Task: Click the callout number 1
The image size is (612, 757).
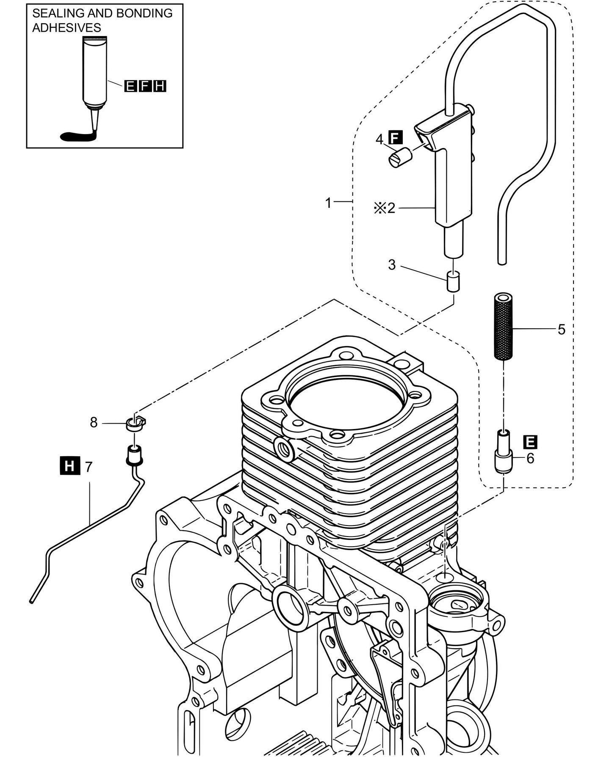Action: click(328, 203)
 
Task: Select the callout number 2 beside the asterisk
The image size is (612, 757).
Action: click(390, 208)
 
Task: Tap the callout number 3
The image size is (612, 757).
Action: click(392, 265)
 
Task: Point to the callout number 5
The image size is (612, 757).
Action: click(561, 329)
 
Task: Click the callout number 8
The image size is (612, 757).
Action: click(94, 422)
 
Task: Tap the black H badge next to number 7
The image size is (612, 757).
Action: click(70, 467)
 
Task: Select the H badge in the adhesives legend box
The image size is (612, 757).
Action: click(160, 86)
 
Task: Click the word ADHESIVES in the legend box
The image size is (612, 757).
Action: click(66, 28)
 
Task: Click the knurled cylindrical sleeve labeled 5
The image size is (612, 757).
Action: click(503, 328)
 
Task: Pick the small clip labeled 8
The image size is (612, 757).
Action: click(135, 424)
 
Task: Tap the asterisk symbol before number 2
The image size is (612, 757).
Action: click(378, 208)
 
